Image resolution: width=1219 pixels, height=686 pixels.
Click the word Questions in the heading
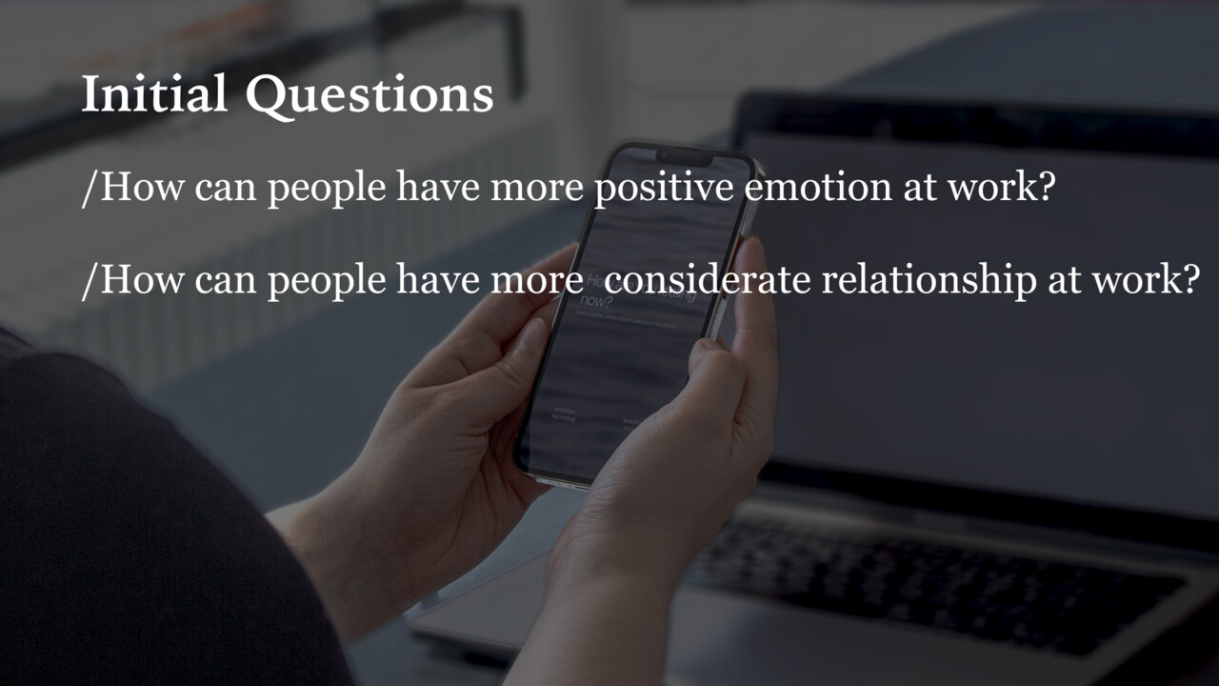pyautogui.click(x=369, y=96)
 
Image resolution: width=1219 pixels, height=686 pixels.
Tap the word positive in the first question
pyautogui.click(x=664, y=189)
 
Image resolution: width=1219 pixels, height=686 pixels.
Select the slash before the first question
pyautogui.click(x=90, y=189)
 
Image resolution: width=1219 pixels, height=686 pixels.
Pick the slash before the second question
pyautogui.click(x=90, y=280)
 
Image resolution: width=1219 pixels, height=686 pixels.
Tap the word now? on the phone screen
pyautogui.click(x=594, y=302)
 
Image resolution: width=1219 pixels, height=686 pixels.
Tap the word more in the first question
pyautogui.click(x=536, y=188)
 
